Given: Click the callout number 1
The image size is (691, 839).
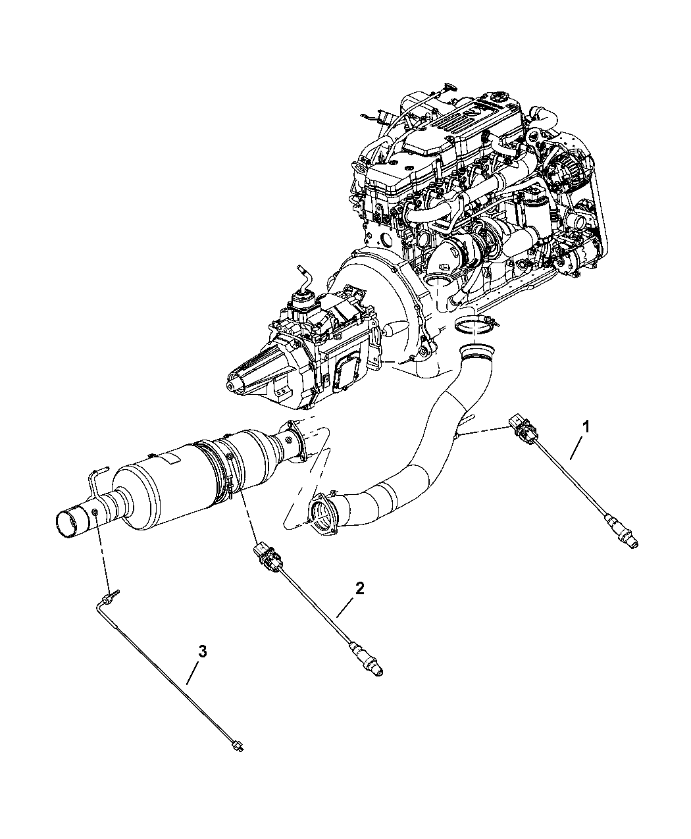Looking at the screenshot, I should tap(584, 426).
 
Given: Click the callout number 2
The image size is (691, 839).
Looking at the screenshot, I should tap(359, 589).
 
